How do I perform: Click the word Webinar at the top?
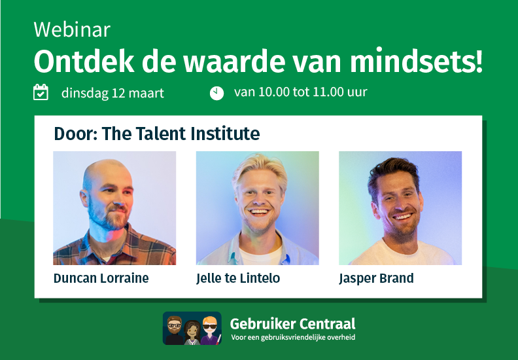[72, 29]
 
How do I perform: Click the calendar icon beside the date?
[41, 92]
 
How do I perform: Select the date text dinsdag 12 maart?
[112, 93]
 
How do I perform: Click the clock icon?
[216, 93]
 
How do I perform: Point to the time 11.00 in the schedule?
[328, 92]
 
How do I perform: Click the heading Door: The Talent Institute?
[157, 134]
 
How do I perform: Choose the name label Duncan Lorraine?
[101, 278]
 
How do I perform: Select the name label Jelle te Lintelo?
[238, 278]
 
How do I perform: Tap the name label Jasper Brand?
[376, 278]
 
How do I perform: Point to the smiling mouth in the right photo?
[402, 217]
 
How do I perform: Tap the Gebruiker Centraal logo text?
[292, 323]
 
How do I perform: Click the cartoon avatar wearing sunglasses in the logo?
[209, 328]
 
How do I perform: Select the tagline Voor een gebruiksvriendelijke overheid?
[292, 338]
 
